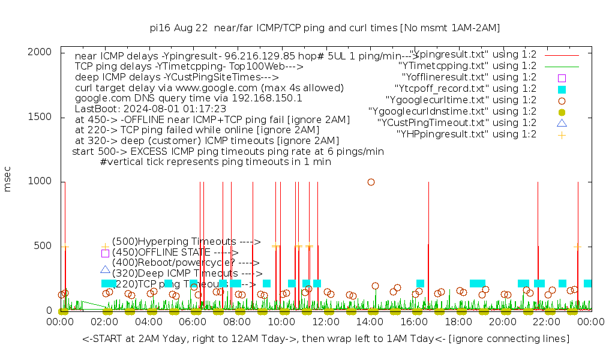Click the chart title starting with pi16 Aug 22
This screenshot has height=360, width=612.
[325, 28]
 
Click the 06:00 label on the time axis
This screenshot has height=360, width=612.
[193, 322]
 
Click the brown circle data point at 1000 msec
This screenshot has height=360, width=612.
[371, 182]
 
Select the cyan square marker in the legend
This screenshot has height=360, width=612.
[562, 89]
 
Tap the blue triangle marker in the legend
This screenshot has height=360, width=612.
[562, 123]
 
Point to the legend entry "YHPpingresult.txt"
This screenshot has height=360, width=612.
[466, 134]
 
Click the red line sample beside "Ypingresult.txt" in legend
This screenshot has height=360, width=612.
[562, 55]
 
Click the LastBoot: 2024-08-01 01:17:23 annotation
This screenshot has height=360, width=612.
[151, 109]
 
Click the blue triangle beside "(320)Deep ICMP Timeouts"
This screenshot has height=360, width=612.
[105, 270]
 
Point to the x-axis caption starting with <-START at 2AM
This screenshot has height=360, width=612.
[326, 339]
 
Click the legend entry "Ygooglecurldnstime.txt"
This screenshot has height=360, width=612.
[452, 112]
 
